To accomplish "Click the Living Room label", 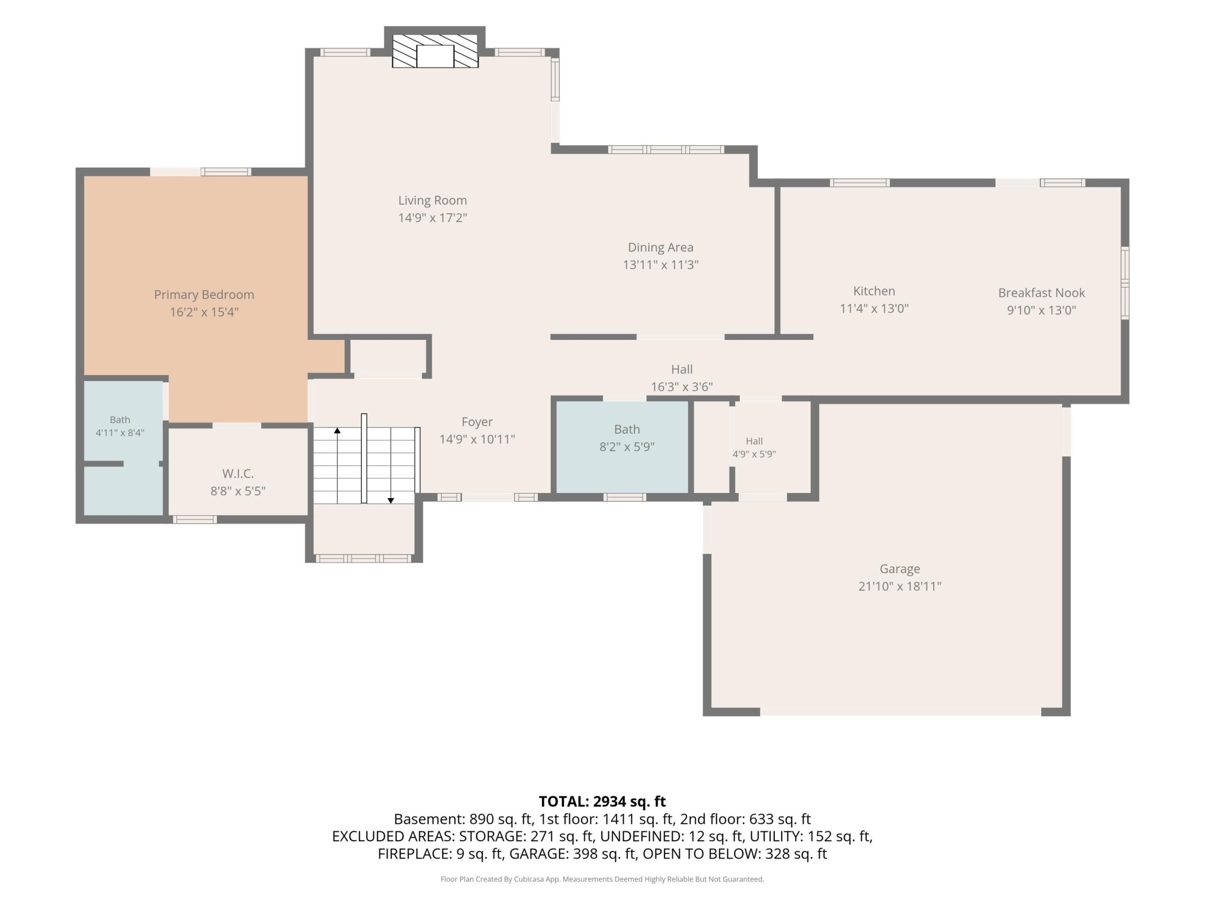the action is (x=433, y=201).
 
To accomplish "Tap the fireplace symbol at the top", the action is (x=435, y=51).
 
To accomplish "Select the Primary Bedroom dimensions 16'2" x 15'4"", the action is (x=204, y=312).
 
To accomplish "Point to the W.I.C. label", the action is (x=238, y=474).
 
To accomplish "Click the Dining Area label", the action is (x=661, y=247).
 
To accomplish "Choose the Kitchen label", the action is (x=875, y=291).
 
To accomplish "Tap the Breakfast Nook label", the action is (x=1042, y=292).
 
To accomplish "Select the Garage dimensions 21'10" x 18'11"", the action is (x=900, y=586).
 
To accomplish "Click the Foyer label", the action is (x=477, y=422).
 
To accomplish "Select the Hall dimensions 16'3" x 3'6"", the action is (x=682, y=387).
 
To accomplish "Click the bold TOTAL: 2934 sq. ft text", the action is (x=602, y=801).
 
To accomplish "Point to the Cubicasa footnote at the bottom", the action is (x=602, y=879).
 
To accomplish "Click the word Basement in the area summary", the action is (x=429, y=819).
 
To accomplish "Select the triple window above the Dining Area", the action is (x=666, y=149).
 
